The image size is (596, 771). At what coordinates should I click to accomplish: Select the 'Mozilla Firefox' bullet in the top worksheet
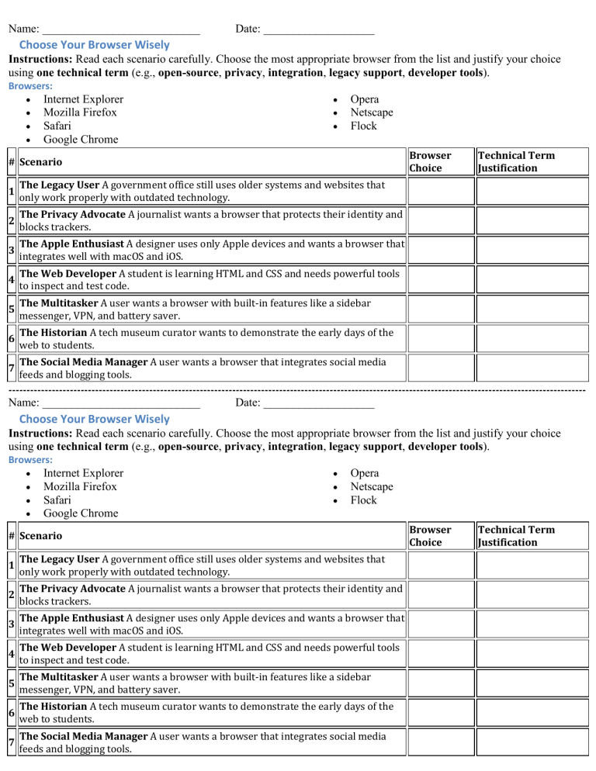coord(81,112)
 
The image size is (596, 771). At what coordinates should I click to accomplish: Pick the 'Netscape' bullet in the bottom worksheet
coord(372,486)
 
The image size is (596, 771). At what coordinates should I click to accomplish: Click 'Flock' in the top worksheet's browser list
coord(363,126)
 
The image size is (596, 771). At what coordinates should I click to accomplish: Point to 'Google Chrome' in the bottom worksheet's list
coord(81,513)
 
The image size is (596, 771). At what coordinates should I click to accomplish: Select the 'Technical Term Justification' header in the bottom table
coord(516,535)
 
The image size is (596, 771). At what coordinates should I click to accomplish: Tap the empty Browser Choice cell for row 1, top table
coord(439,191)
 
